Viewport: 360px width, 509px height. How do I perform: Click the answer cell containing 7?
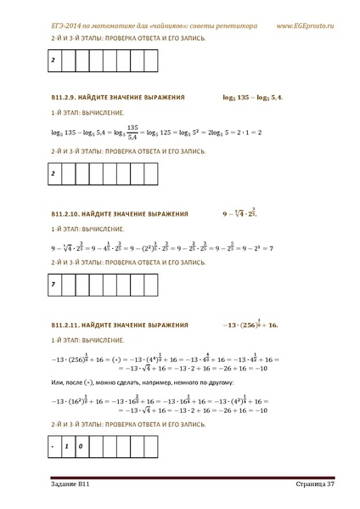click(53, 284)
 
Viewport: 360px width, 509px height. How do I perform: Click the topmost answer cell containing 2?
click(53, 61)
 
